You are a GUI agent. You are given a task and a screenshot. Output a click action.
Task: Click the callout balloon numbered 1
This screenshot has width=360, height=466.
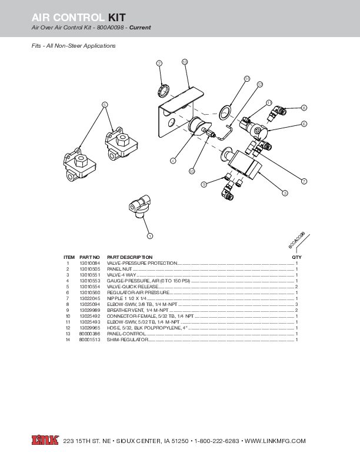pyautogui.click(x=149, y=236)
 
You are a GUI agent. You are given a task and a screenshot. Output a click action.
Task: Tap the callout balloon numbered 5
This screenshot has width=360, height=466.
pyautogui.click(x=105, y=105)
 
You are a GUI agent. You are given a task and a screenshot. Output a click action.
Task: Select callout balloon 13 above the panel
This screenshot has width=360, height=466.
pyautogui.click(x=185, y=62)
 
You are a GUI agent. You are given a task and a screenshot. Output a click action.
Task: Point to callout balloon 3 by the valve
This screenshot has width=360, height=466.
pyautogui.click(x=285, y=193)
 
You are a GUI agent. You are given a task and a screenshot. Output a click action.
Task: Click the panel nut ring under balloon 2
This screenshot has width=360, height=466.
pyautogui.click(x=164, y=91)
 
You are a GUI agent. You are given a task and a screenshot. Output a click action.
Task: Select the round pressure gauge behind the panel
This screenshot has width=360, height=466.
pyautogui.click(x=196, y=126)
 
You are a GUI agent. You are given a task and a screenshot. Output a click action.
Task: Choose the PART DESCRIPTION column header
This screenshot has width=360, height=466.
pyautogui.click(x=129, y=257)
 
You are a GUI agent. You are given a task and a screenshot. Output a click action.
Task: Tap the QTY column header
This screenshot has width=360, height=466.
pyautogui.click(x=296, y=257)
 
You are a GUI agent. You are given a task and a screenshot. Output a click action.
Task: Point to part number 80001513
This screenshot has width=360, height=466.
pyautogui.click(x=89, y=340)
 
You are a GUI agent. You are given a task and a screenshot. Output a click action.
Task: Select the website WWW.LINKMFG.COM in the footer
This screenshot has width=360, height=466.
pyautogui.click(x=275, y=440)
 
